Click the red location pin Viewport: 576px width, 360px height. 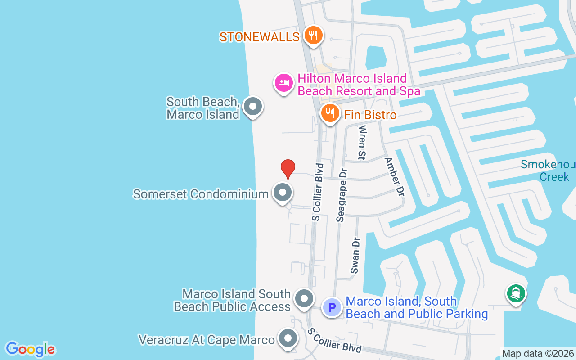pos(288,169)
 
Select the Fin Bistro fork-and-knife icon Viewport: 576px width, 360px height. pos(330,113)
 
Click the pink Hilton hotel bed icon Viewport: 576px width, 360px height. pos(284,83)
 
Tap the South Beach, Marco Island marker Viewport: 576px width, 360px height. pos(252,107)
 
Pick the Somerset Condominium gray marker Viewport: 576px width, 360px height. pos(283,193)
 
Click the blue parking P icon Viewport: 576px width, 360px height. pos(332,308)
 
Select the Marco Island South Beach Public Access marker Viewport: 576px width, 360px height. pos(304,299)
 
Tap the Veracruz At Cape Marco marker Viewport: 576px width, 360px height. pos(288,338)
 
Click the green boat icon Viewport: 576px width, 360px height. pos(516,293)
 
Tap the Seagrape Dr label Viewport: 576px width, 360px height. pos(342,195)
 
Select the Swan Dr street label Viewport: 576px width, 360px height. pos(355,255)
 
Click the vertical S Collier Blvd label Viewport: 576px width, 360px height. pos(318,192)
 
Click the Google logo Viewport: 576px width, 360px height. pos(30,349)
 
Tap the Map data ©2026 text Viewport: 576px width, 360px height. pos(538,354)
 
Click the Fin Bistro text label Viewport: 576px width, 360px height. pos(370,115)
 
